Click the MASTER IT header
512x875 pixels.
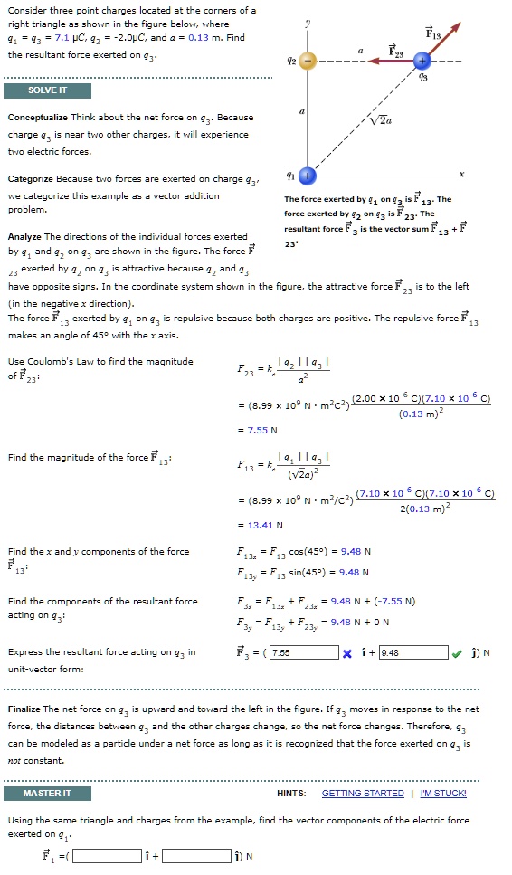click(48, 793)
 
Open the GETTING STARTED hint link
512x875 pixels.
click(363, 793)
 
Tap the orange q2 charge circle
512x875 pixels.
click(308, 62)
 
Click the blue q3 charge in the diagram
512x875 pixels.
click(422, 62)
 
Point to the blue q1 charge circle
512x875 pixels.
click(308, 175)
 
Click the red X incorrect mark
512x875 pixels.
click(346, 652)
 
